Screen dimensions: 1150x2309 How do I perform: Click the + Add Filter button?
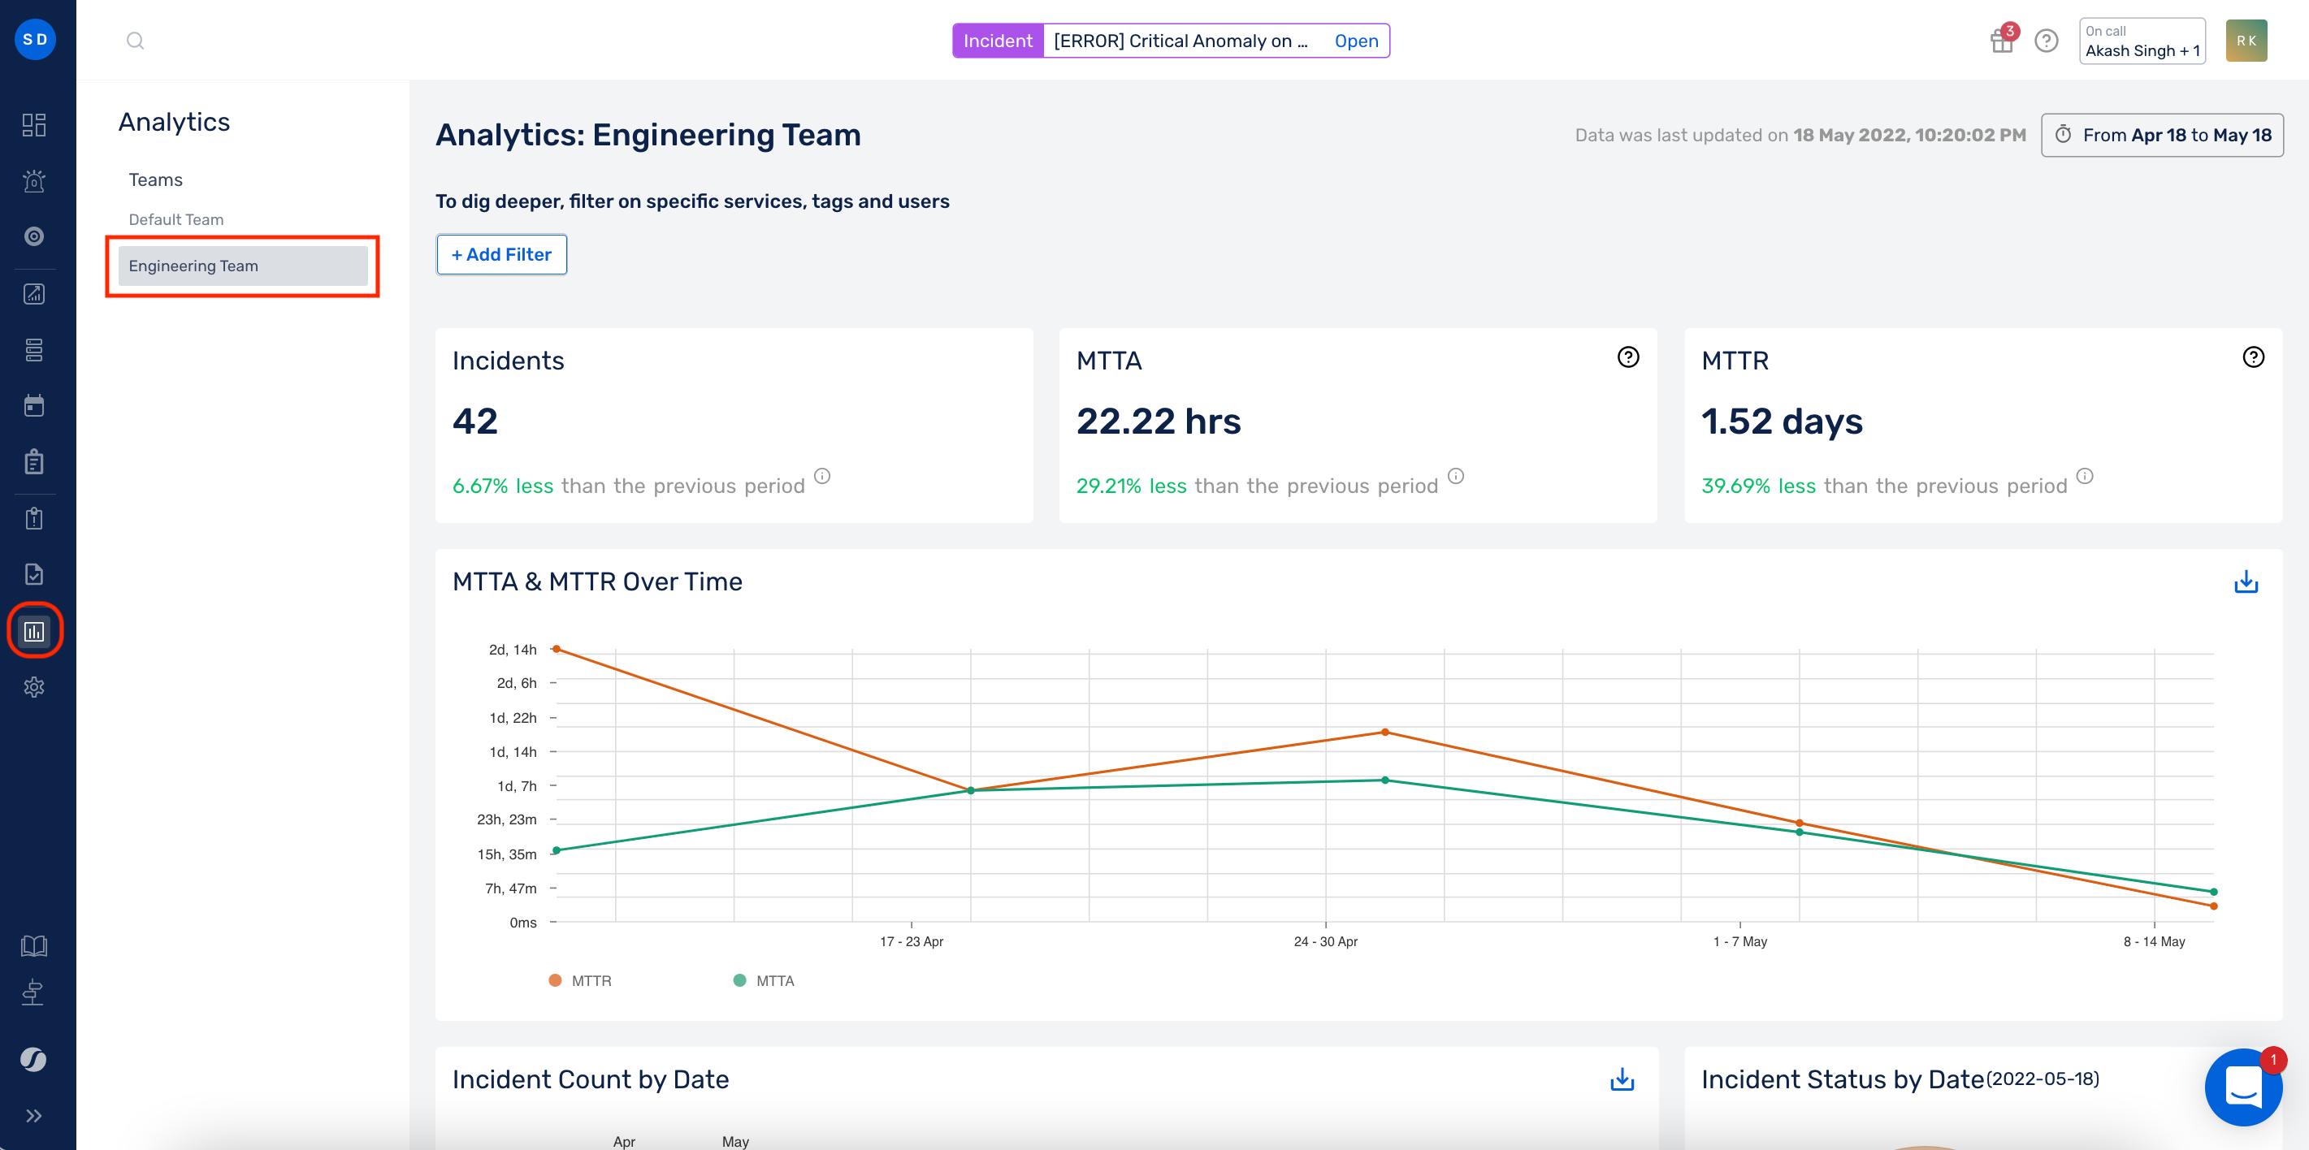point(501,254)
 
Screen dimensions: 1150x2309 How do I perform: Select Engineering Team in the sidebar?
point(242,266)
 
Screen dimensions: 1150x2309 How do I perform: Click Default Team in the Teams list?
point(175,219)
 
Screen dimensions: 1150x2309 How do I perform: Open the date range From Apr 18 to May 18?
point(2162,136)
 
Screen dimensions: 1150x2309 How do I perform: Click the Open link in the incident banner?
point(1355,41)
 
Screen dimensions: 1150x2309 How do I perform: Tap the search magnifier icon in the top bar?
point(136,41)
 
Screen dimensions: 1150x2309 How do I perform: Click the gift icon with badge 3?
point(2002,41)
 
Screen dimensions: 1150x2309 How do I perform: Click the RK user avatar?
point(2246,41)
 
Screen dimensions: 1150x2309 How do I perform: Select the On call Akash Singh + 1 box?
point(2142,41)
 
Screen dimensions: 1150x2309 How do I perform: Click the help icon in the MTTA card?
point(1628,357)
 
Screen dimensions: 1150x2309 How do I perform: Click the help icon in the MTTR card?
point(2252,357)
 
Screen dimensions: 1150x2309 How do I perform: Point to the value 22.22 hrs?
point(1158,422)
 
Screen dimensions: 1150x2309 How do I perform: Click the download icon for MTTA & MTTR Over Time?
point(2246,582)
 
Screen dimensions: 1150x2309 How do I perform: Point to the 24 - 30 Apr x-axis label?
point(1325,941)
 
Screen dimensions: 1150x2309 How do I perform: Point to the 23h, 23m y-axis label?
point(506,819)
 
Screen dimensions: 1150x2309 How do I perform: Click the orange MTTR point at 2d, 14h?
point(557,649)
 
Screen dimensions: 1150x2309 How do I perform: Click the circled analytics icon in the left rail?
point(34,632)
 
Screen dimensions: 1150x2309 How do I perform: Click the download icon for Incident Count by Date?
point(1622,1079)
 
